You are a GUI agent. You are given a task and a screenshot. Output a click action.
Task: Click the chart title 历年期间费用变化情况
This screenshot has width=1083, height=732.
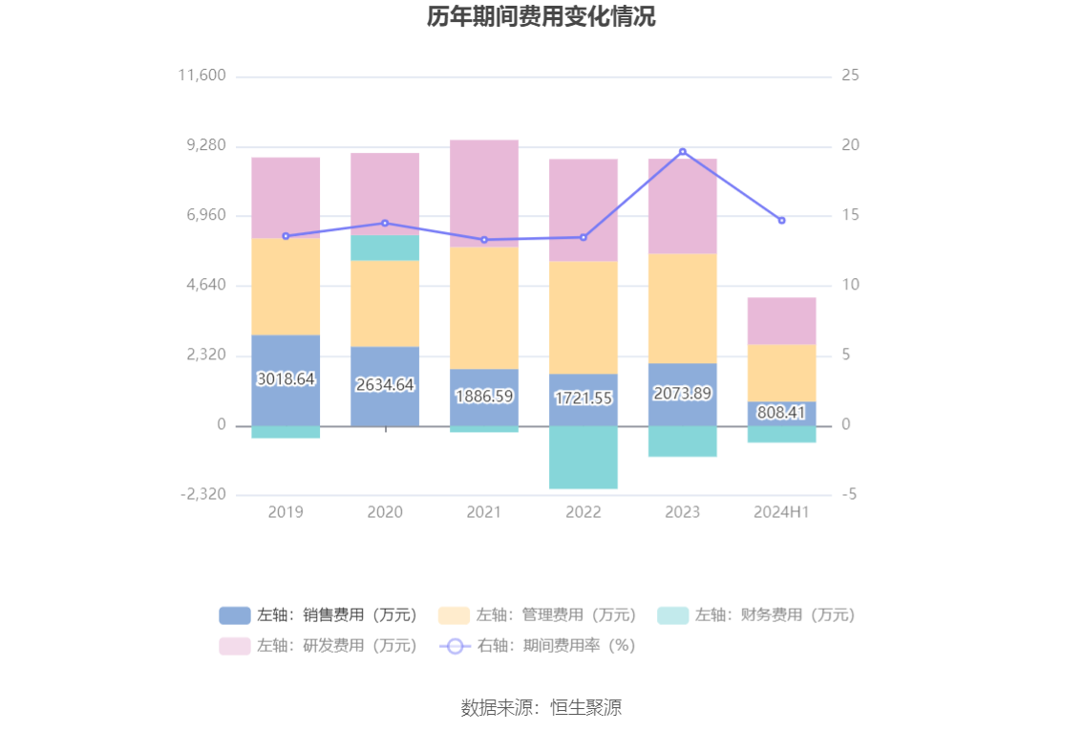[x=541, y=17]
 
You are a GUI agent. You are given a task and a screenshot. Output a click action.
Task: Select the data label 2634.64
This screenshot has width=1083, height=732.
[x=385, y=385]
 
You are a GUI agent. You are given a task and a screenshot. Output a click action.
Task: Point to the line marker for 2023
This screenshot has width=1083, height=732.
[x=682, y=152]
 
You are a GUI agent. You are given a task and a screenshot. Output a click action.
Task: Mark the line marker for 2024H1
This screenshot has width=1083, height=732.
[x=781, y=221]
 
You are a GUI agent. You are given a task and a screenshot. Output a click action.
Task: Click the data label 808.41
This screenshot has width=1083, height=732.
[x=781, y=413]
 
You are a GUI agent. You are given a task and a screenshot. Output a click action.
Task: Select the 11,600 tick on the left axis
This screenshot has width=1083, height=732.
[x=202, y=75]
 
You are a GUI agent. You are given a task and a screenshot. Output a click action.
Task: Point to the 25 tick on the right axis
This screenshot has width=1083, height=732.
[x=850, y=75]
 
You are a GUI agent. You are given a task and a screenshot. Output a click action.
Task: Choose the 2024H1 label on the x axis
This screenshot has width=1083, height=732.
[x=781, y=512]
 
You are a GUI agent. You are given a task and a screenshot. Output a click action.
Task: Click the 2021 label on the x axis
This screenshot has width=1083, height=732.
[x=484, y=512]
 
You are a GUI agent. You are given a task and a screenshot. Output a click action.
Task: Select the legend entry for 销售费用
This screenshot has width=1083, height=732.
[x=319, y=615]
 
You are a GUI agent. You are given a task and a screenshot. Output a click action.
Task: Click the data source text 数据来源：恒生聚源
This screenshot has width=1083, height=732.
[x=541, y=708]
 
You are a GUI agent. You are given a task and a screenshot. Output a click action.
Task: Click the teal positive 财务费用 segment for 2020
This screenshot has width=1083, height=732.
[x=385, y=248]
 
